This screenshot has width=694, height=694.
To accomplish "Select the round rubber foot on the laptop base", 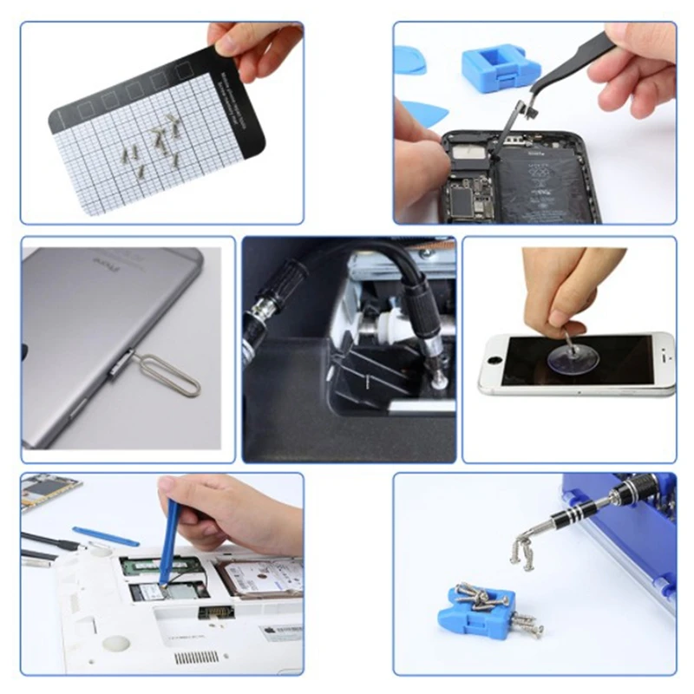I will point(116,643).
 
